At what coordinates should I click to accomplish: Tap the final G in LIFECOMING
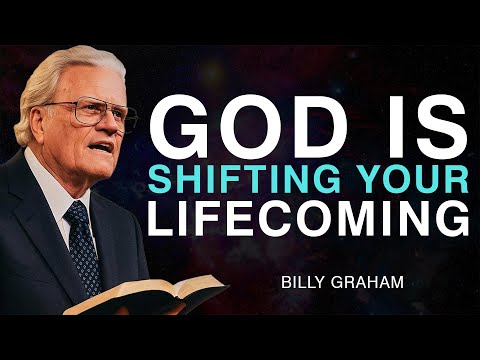click(x=452, y=217)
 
